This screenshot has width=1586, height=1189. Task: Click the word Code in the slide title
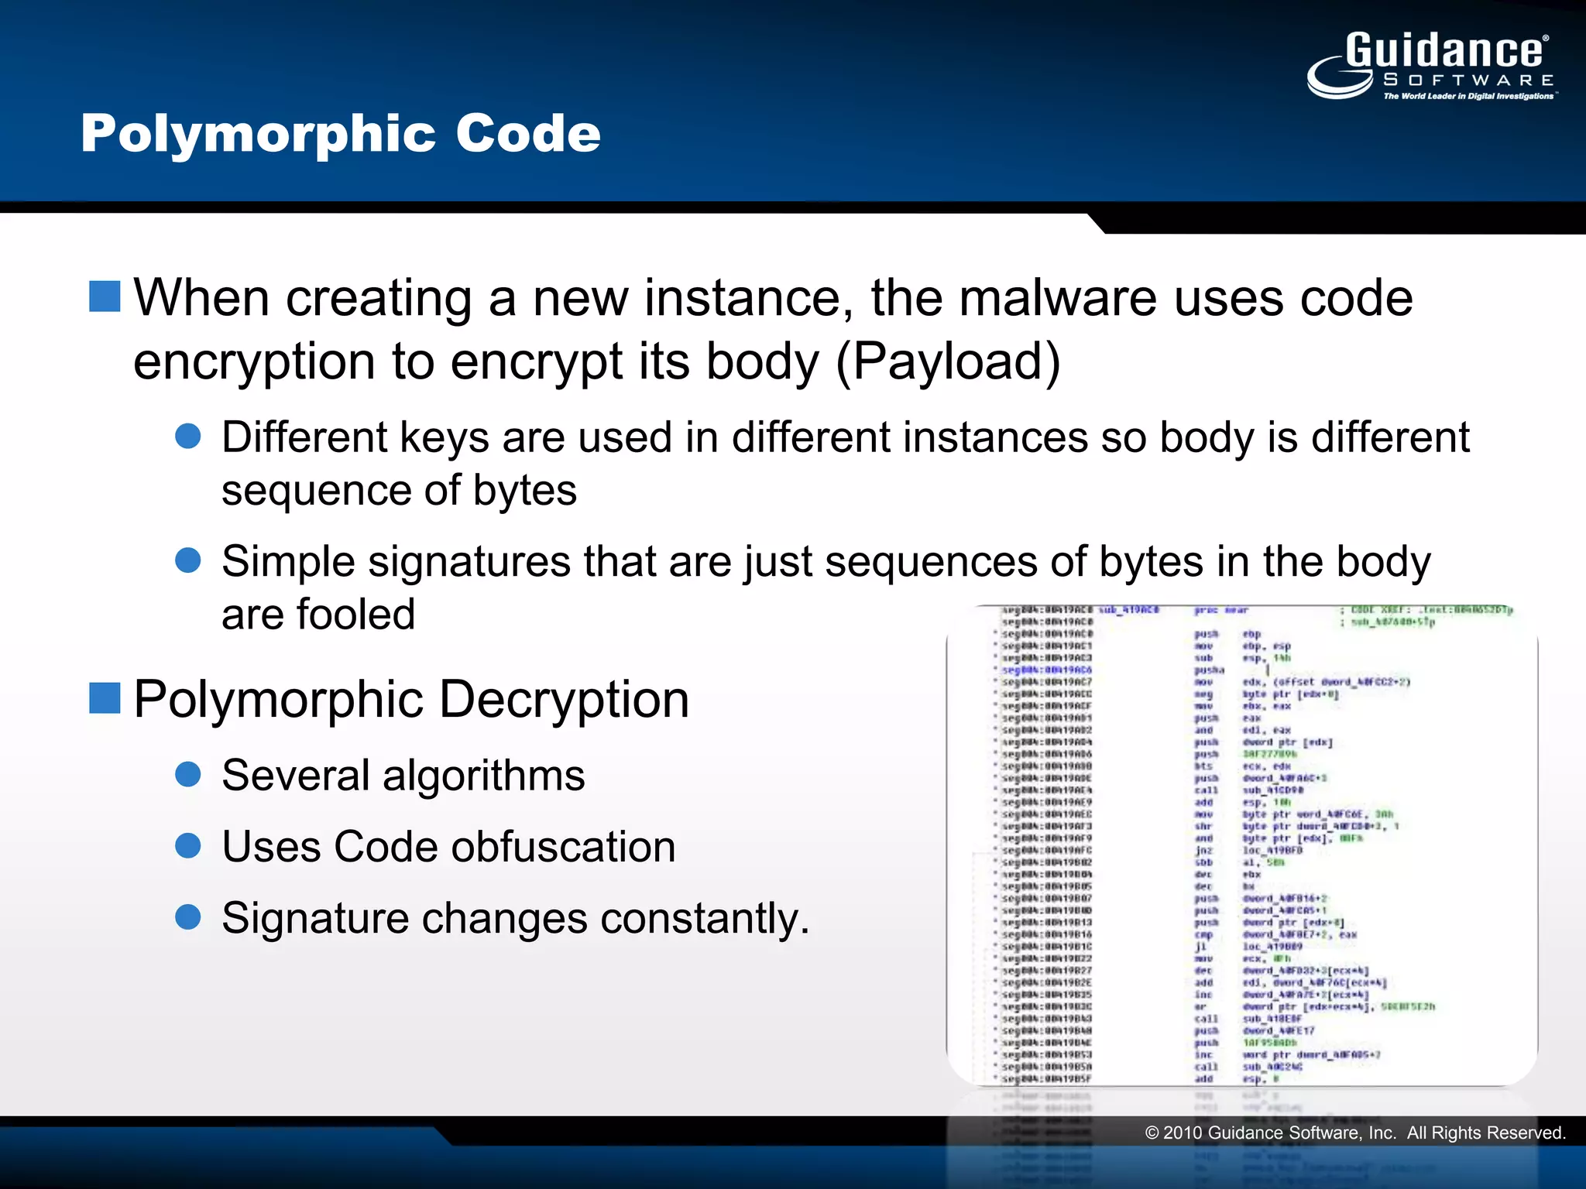tap(527, 133)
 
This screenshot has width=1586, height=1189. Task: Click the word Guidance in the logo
tap(1444, 51)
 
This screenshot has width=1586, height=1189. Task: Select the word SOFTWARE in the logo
tap(1468, 80)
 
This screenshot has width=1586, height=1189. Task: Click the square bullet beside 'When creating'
tap(105, 296)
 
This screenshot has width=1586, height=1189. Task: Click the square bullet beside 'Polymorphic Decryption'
tap(105, 697)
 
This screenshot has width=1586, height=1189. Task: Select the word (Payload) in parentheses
tap(948, 361)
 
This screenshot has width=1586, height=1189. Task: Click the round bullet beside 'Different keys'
tap(188, 436)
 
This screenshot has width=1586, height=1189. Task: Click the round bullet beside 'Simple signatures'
tap(188, 560)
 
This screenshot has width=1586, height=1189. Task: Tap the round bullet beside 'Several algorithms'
tap(188, 774)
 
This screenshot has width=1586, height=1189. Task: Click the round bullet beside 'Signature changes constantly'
tap(188, 917)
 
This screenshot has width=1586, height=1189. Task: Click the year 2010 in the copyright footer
tap(1183, 1133)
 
